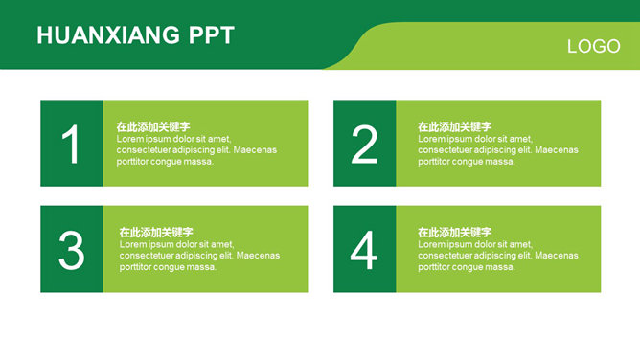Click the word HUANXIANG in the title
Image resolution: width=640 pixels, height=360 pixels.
pos(108,35)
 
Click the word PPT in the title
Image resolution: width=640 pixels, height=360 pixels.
pos(212,35)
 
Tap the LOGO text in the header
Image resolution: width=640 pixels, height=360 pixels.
pos(593,47)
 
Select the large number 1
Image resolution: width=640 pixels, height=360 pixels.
pos(70,145)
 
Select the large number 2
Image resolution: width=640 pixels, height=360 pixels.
pos(364,145)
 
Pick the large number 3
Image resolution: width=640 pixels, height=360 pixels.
pos(72,250)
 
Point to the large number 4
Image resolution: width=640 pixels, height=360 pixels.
pos(364,250)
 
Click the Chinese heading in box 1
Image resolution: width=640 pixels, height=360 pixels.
pos(153,126)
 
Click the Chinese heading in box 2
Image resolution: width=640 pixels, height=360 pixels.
pos(454,126)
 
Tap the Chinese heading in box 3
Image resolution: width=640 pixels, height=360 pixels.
pos(156,233)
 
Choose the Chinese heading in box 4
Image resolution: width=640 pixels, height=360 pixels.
pos(454,233)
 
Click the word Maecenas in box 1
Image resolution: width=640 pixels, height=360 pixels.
pos(255,150)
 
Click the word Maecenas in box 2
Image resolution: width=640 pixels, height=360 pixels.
pos(557,150)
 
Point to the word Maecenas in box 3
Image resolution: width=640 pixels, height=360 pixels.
pos(258,256)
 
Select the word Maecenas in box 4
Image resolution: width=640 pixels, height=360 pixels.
pos(557,256)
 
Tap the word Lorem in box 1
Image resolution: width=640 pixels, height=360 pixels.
pos(127,139)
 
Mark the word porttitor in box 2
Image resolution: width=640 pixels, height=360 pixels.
pos(433,162)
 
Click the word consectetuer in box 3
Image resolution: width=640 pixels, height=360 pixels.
pos(147,256)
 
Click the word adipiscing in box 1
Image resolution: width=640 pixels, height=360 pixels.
pos(194,150)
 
